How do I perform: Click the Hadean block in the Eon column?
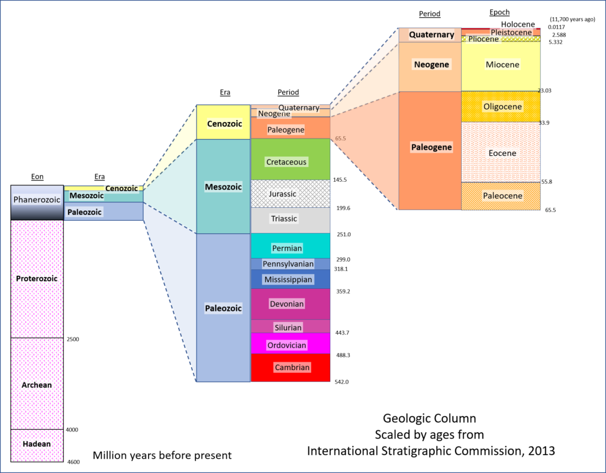coord(37,446)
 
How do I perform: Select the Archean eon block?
coord(37,384)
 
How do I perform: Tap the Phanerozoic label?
coord(37,200)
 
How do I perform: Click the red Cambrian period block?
coord(291,368)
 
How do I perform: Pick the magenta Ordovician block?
coord(291,343)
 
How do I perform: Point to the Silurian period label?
coord(288,327)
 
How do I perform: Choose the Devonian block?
coord(291,304)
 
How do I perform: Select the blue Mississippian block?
coord(291,279)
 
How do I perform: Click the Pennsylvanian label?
coord(288,264)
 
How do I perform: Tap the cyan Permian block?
coord(291,246)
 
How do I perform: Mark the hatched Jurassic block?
coord(291,194)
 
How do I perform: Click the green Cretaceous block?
coord(291,159)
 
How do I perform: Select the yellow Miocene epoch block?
coord(501,66)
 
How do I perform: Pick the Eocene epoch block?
coord(501,152)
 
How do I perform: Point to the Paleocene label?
coord(502,196)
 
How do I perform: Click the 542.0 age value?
coord(341,382)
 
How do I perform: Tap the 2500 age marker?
coord(73,339)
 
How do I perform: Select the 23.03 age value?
coord(544,91)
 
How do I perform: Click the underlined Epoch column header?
coord(499,12)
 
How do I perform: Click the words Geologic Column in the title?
coord(430,418)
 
